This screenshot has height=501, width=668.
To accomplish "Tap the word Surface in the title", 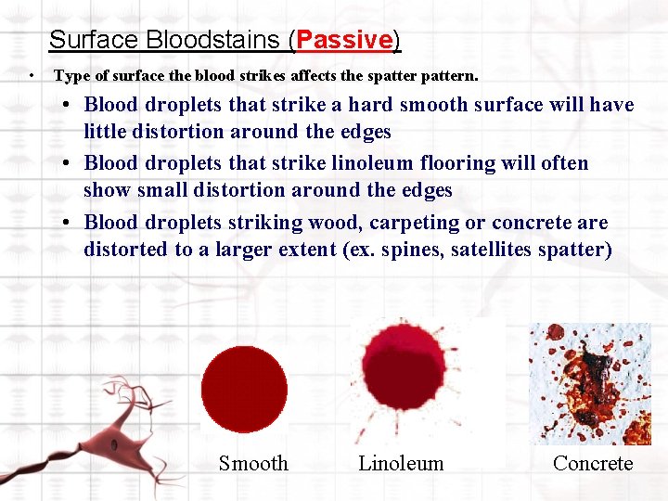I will pyautogui.click(x=85, y=40).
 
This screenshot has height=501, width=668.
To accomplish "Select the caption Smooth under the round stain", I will pyautogui.click(x=253, y=463).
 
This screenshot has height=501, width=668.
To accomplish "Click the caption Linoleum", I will pyautogui.click(x=401, y=463).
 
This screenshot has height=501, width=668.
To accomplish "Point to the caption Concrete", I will pyautogui.click(x=592, y=463).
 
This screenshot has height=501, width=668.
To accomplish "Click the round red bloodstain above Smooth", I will pyautogui.click(x=244, y=389).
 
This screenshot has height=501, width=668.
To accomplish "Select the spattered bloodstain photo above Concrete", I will pyautogui.click(x=590, y=383).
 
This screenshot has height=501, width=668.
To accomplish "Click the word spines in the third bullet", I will pyautogui.click(x=413, y=250).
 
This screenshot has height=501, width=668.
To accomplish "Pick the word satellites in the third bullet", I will pyautogui.click(x=492, y=250).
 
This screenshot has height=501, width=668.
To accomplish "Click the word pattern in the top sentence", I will pyautogui.click(x=449, y=74).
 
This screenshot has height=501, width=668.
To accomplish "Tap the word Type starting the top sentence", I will pyautogui.click(x=72, y=74).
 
